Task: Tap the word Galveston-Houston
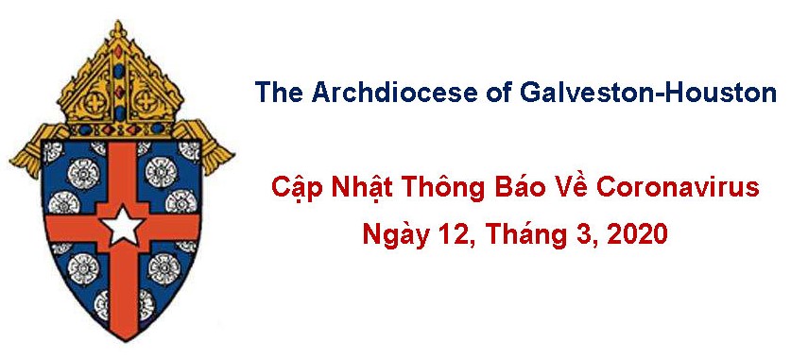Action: (x=647, y=93)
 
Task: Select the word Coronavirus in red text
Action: (x=678, y=188)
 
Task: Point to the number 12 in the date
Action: (x=458, y=235)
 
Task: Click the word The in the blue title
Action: (x=279, y=93)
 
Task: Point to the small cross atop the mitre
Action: (x=118, y=29)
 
